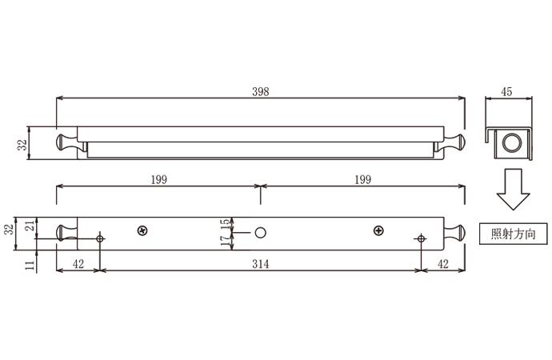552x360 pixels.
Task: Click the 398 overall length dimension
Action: pos(261,91)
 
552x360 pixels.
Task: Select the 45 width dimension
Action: pos(506,91)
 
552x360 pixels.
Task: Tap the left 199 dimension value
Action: pos(158,179)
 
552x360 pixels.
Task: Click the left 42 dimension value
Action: pos(78,262)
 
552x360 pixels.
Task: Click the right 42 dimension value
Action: pos(442,262)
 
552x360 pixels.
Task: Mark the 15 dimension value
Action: pos(226,225)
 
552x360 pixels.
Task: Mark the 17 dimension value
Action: pos(226,239)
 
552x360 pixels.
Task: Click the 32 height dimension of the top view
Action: pos(23,144)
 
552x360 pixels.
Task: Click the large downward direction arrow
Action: pos(510,191)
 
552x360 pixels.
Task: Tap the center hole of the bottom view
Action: pos(260,232)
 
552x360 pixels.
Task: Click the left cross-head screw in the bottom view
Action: pos(142,230)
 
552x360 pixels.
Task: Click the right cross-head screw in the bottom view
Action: pos(378,230)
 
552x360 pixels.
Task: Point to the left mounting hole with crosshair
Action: pos(100,238)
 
